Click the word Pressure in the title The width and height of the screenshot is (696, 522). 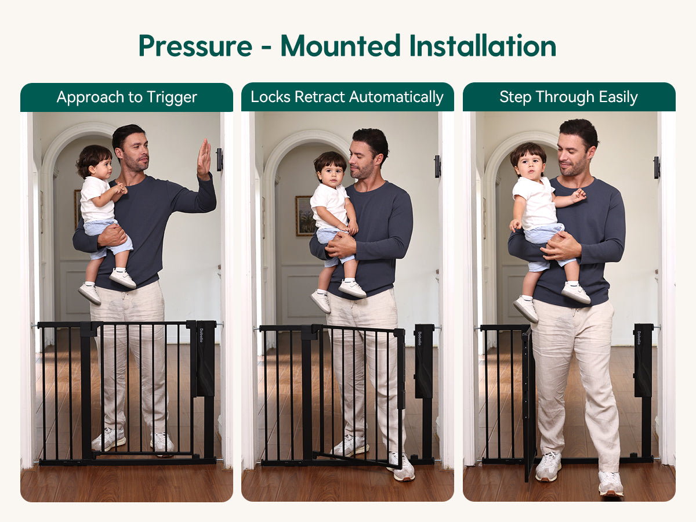(195, 46)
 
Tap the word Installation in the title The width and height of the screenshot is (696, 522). (483, 46)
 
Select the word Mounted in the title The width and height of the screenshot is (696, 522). (340, 46)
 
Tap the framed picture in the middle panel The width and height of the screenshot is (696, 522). (304, 216)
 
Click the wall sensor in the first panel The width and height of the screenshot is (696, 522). (219, 159)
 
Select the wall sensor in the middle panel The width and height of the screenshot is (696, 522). (437, 166)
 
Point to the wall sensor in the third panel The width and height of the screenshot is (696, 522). (657, 168)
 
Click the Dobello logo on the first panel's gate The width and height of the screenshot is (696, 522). (201, 335)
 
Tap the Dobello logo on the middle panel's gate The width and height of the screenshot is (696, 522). (419, 339)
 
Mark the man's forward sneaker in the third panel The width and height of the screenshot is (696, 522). (610, 483)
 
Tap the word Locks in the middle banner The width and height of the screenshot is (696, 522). (270, 97)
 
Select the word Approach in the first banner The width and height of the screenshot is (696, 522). (90, 97)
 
